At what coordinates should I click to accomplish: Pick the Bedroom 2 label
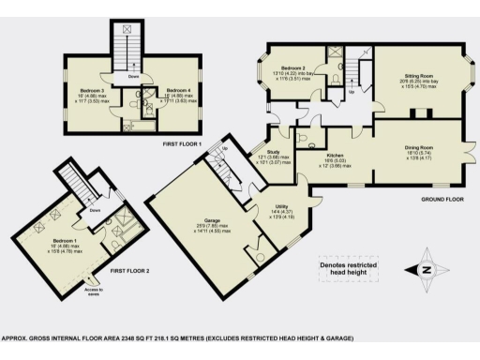(294, 68)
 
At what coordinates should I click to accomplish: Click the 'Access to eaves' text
(94, 292)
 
